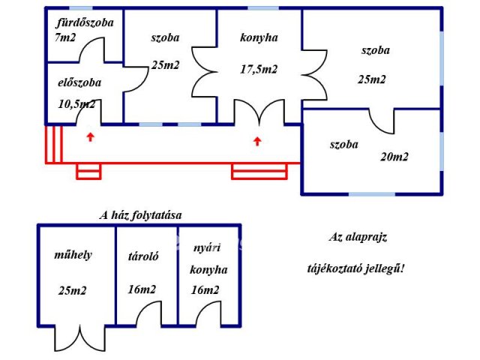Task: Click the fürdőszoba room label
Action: point(85,22)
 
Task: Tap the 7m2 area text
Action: point(65,37)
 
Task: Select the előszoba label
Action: point(79,83)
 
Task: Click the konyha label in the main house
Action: point(259,38)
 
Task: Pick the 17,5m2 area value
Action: point(259,70)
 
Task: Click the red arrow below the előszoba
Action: point(91,136)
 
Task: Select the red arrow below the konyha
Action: point(258,139)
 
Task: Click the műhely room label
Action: point(73,255)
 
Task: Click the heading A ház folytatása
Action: point(141,215)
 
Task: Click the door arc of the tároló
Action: point(149,313)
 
